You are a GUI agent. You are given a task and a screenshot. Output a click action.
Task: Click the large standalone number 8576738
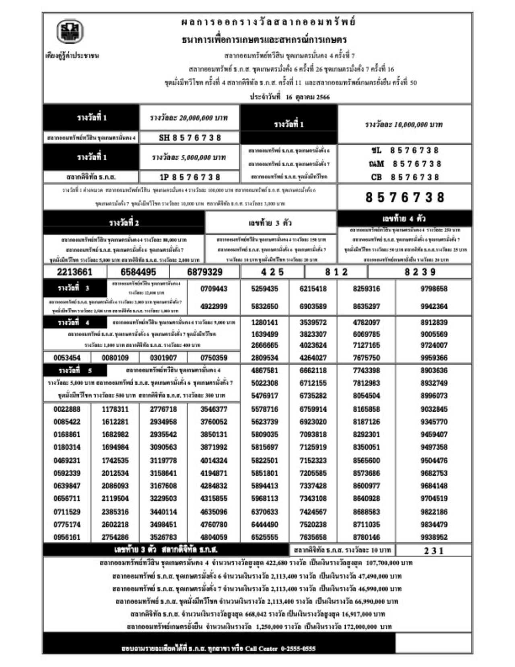[x=405, y=197]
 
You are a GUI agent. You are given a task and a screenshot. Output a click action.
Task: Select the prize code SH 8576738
[x=190, y=138]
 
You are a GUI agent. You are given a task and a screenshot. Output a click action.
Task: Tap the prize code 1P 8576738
[x=190, y=177]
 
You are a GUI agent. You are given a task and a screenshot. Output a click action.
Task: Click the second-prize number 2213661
[x=75, y=272]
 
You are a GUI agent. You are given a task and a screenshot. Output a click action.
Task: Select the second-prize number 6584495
[x=138, y=272]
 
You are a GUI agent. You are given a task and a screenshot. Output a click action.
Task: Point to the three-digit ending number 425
[x=272, y=272]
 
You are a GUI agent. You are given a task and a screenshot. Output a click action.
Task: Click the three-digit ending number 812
[x=336, y=272]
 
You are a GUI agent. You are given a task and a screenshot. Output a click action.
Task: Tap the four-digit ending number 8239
[x=420, y=272]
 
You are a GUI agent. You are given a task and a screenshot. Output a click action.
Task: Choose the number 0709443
[x=214, y=289]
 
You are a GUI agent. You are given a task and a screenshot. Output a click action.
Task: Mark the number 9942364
[x=434, y=307]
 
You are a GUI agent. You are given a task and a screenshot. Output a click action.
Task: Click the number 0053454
[x=67, y=358]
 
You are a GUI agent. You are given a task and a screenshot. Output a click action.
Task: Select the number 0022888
[x=67, y=409]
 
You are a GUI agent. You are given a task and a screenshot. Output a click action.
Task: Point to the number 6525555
[x=264, y=537]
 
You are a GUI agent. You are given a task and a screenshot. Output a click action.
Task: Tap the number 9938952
[x=434, y=537]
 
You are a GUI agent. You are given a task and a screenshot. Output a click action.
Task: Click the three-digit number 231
[x=433, y=551]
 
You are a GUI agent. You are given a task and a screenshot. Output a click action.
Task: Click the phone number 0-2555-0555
[x=298, y=648]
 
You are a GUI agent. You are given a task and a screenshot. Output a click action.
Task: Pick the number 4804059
[x=214, y=537]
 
